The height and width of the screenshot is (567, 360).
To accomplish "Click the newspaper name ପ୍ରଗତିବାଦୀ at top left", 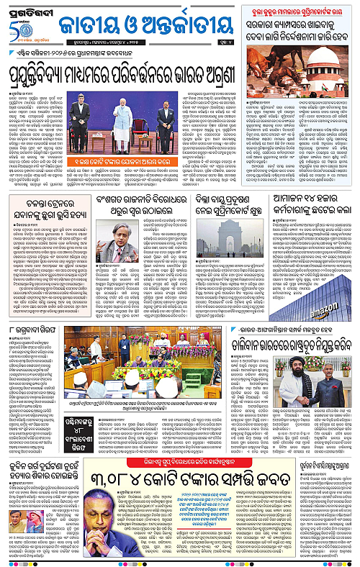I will [x=28, y=9].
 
